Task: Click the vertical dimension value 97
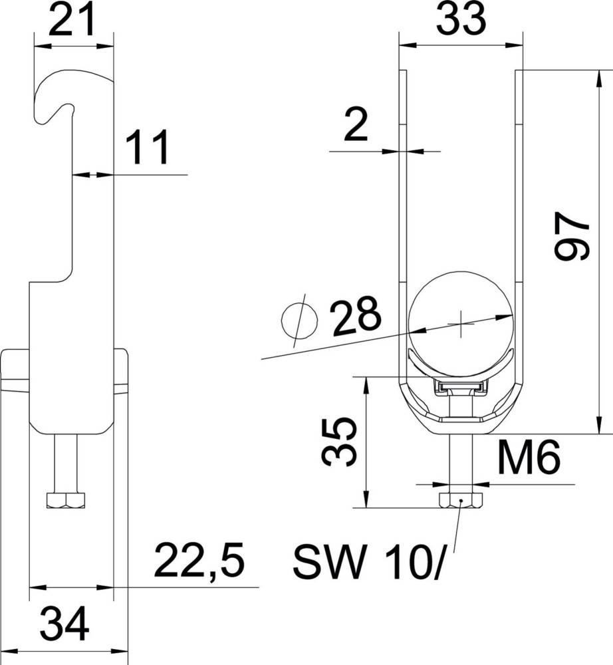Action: (573, 237)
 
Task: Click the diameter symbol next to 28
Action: (299, 322)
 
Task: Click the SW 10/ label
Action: (366, 563)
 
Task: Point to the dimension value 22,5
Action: (199, 562)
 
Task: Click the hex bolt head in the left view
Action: (66, 500)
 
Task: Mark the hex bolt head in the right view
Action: (460, 500)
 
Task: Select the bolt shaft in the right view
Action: (460, 459)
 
